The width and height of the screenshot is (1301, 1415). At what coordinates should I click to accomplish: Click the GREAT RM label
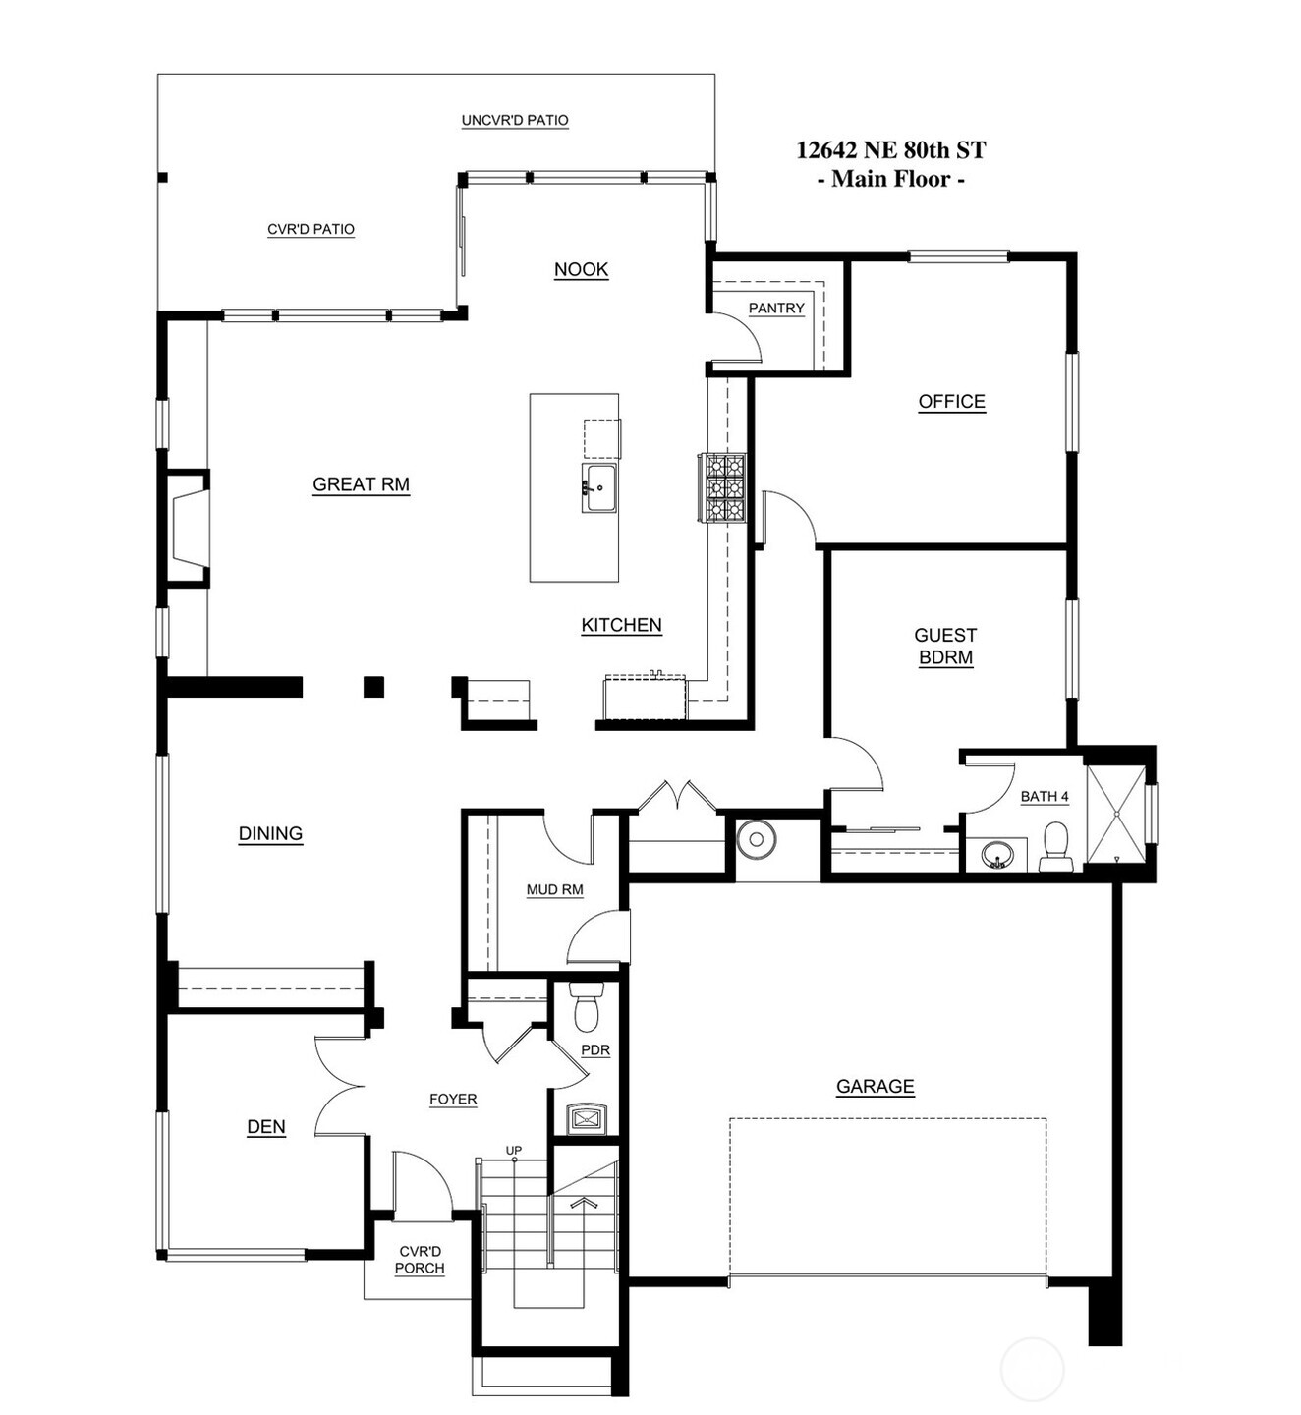pos(361,484)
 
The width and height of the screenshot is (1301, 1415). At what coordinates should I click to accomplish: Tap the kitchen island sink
pos(598,487)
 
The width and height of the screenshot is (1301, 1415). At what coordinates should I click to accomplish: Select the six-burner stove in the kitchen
pos(723,487)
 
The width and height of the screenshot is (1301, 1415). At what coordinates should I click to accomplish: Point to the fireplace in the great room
pos(188,529)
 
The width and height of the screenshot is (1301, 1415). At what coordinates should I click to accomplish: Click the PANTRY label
pos(776,309)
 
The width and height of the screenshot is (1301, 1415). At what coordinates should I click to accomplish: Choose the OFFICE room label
pos(951,402)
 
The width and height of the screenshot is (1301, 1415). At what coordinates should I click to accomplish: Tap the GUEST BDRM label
pos(945,647)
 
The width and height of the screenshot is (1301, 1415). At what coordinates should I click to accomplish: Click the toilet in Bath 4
pos(1055,848)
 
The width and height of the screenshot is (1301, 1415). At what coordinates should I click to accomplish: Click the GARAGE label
pos(875,1087)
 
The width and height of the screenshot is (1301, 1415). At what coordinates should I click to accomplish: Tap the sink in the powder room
pos(590,1118)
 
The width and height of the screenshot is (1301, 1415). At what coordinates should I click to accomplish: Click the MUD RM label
pos(554,890)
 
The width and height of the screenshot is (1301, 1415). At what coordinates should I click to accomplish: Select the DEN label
pos(266,1127)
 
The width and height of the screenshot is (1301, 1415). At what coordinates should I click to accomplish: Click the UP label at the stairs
pos(513,1150)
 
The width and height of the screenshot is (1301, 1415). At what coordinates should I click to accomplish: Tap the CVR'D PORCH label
pos(421,1260)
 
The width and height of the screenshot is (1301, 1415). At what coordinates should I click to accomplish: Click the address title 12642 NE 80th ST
pos(890,150)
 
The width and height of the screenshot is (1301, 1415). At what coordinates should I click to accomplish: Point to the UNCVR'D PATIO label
pos(515,121)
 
